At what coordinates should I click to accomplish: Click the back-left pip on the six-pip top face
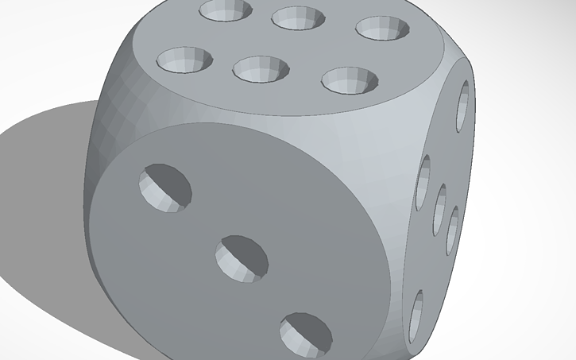(x=225, y=10)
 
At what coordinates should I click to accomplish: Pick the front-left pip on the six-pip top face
(x=185, y=60)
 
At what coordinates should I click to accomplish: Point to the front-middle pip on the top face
(x=261, y=68)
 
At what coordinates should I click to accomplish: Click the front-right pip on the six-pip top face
(x=350, y=79)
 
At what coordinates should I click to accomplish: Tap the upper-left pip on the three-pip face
(x=165, y=187)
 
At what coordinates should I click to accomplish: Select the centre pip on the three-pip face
(x=242, y=257)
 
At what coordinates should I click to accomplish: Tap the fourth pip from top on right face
(x=454, y=230)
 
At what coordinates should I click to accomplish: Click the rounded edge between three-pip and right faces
(x=397, y=238)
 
